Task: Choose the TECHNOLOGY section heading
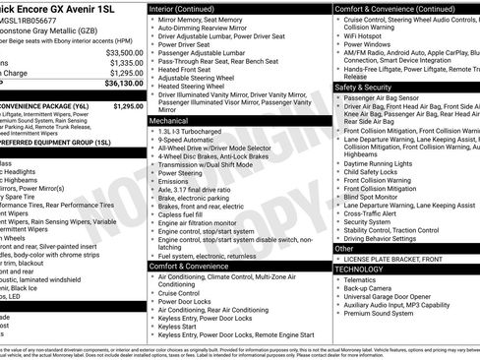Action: [359, 269]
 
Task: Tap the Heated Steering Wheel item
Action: [197, 87]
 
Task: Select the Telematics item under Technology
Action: [362, 279]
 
